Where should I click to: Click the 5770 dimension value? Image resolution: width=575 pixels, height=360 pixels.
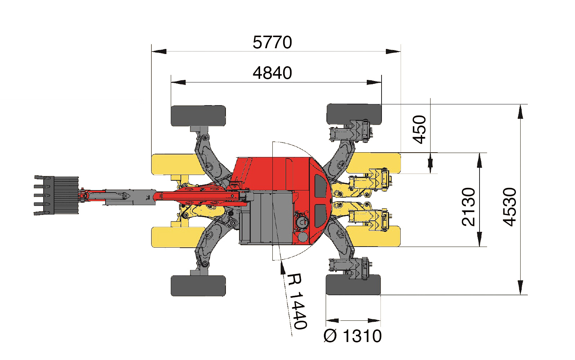pyautogui.click(x=272, y=42)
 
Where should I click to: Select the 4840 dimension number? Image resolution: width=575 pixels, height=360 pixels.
pyautogui.click(x=272, y=73)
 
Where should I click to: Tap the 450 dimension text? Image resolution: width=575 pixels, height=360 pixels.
pyautogui.click(x=419, y=130)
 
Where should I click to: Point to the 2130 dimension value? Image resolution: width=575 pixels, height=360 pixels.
pyautogui.click(x=468, y=207)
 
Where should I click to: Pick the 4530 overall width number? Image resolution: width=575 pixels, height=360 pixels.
pyautogui.click(x=509, y=207)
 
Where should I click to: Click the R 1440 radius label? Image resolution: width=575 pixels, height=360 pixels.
pyautogui.click(x=297, y=301)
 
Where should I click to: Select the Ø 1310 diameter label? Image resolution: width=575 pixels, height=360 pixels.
pyautogui.click(x=353, y=336)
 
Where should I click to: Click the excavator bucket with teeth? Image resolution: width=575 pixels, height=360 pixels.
pyautogui.click(x=56, y=195)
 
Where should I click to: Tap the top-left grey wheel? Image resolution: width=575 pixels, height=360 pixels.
pyautogui.click(x=198, y=116)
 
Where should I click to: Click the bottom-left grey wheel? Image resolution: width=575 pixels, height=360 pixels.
pyautogui.click(x=198, y=286)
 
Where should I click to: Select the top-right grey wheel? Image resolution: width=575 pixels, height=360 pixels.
pyautogui.click(x=354, y=114)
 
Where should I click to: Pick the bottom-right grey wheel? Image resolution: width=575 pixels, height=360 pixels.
pyautogui.click(x=353, y=285)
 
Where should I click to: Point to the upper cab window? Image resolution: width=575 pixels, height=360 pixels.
pyautogui.click(x=321, y=186)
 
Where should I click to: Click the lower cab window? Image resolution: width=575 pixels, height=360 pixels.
pyautogui.click(x=321, y=216)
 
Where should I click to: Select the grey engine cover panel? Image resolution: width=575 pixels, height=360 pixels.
pyautogui.click(x=266, y=217)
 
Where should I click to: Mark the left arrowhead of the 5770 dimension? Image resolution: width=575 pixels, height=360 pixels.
pyautogui.click(x=159, y=51)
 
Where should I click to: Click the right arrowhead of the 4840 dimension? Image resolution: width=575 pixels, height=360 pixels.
pyautogui.click(x=374, y=82)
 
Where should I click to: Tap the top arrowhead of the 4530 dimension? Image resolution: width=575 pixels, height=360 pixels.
pyautogui.click(x=520, y=112)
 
